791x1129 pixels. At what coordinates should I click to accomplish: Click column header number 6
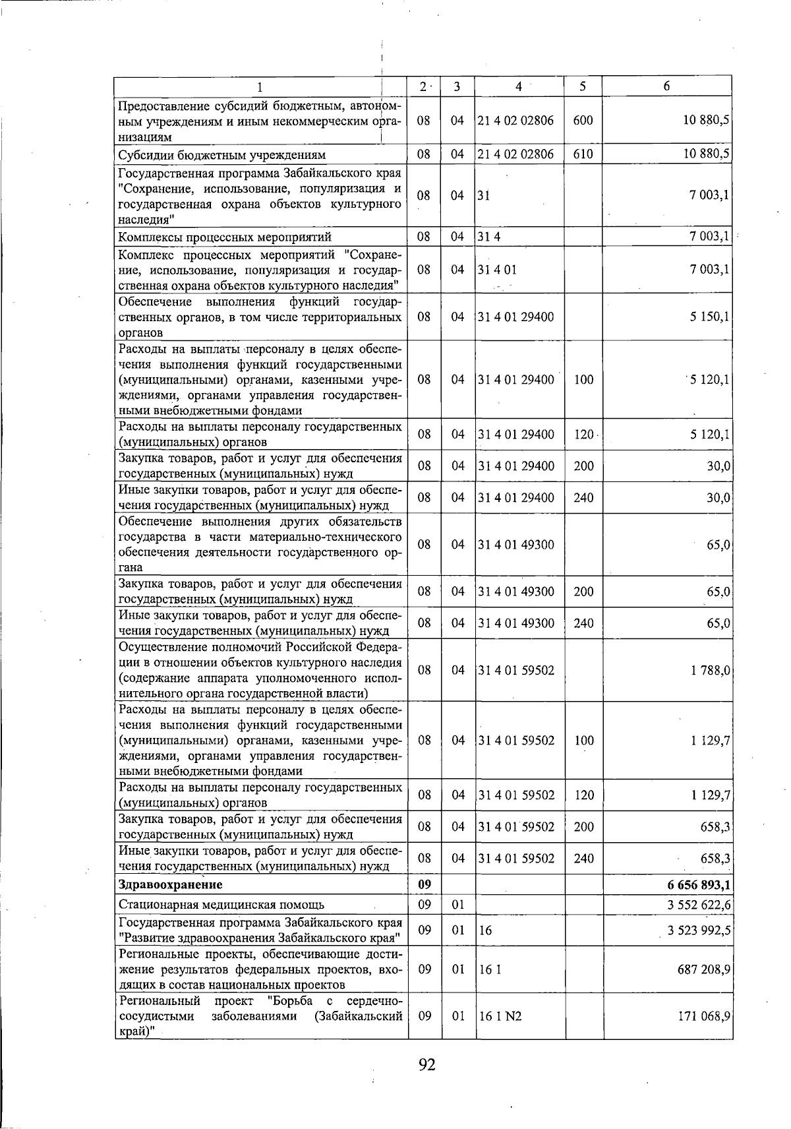[667, 86]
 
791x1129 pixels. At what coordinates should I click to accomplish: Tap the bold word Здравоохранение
[170, 884]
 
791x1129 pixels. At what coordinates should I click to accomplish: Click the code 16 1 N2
[499, 1035]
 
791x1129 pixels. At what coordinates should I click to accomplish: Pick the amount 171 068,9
[703, 1035]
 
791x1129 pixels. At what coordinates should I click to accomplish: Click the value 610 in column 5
[583, 154]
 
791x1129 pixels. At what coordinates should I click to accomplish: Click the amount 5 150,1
[709, 317]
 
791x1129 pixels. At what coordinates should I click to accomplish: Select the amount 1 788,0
[709, 671]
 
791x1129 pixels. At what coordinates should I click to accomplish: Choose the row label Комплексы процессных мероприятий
[224, 237]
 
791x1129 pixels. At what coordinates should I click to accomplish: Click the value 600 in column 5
[583, 121]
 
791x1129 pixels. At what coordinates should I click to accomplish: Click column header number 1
[260, 86]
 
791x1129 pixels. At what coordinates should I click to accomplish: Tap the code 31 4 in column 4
[488, 237]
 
